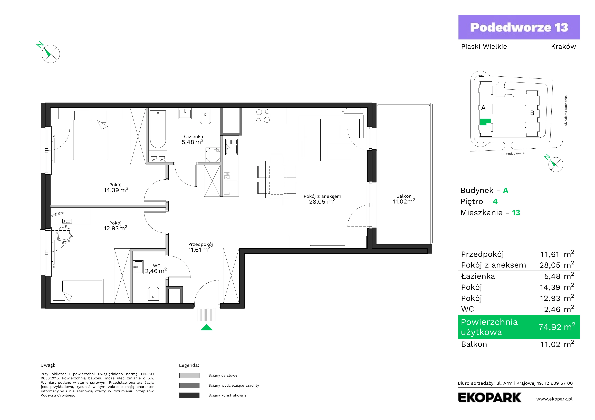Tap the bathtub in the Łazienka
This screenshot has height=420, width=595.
point(158,130)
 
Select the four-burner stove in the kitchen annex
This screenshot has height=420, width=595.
point(263,116)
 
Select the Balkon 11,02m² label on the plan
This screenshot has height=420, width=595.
point(404,199)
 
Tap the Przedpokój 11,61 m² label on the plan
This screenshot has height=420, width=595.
point(200,247)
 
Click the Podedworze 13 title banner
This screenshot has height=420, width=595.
point(519,27)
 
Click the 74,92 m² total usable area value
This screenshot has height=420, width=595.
point(557,327)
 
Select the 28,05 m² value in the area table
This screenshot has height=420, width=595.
point(557,265)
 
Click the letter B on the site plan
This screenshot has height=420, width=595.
point(532,113)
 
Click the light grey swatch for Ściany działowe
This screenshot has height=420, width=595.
point(189,375)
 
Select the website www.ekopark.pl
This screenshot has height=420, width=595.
point(554,399)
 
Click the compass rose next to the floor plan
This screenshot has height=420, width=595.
point(51,54)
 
